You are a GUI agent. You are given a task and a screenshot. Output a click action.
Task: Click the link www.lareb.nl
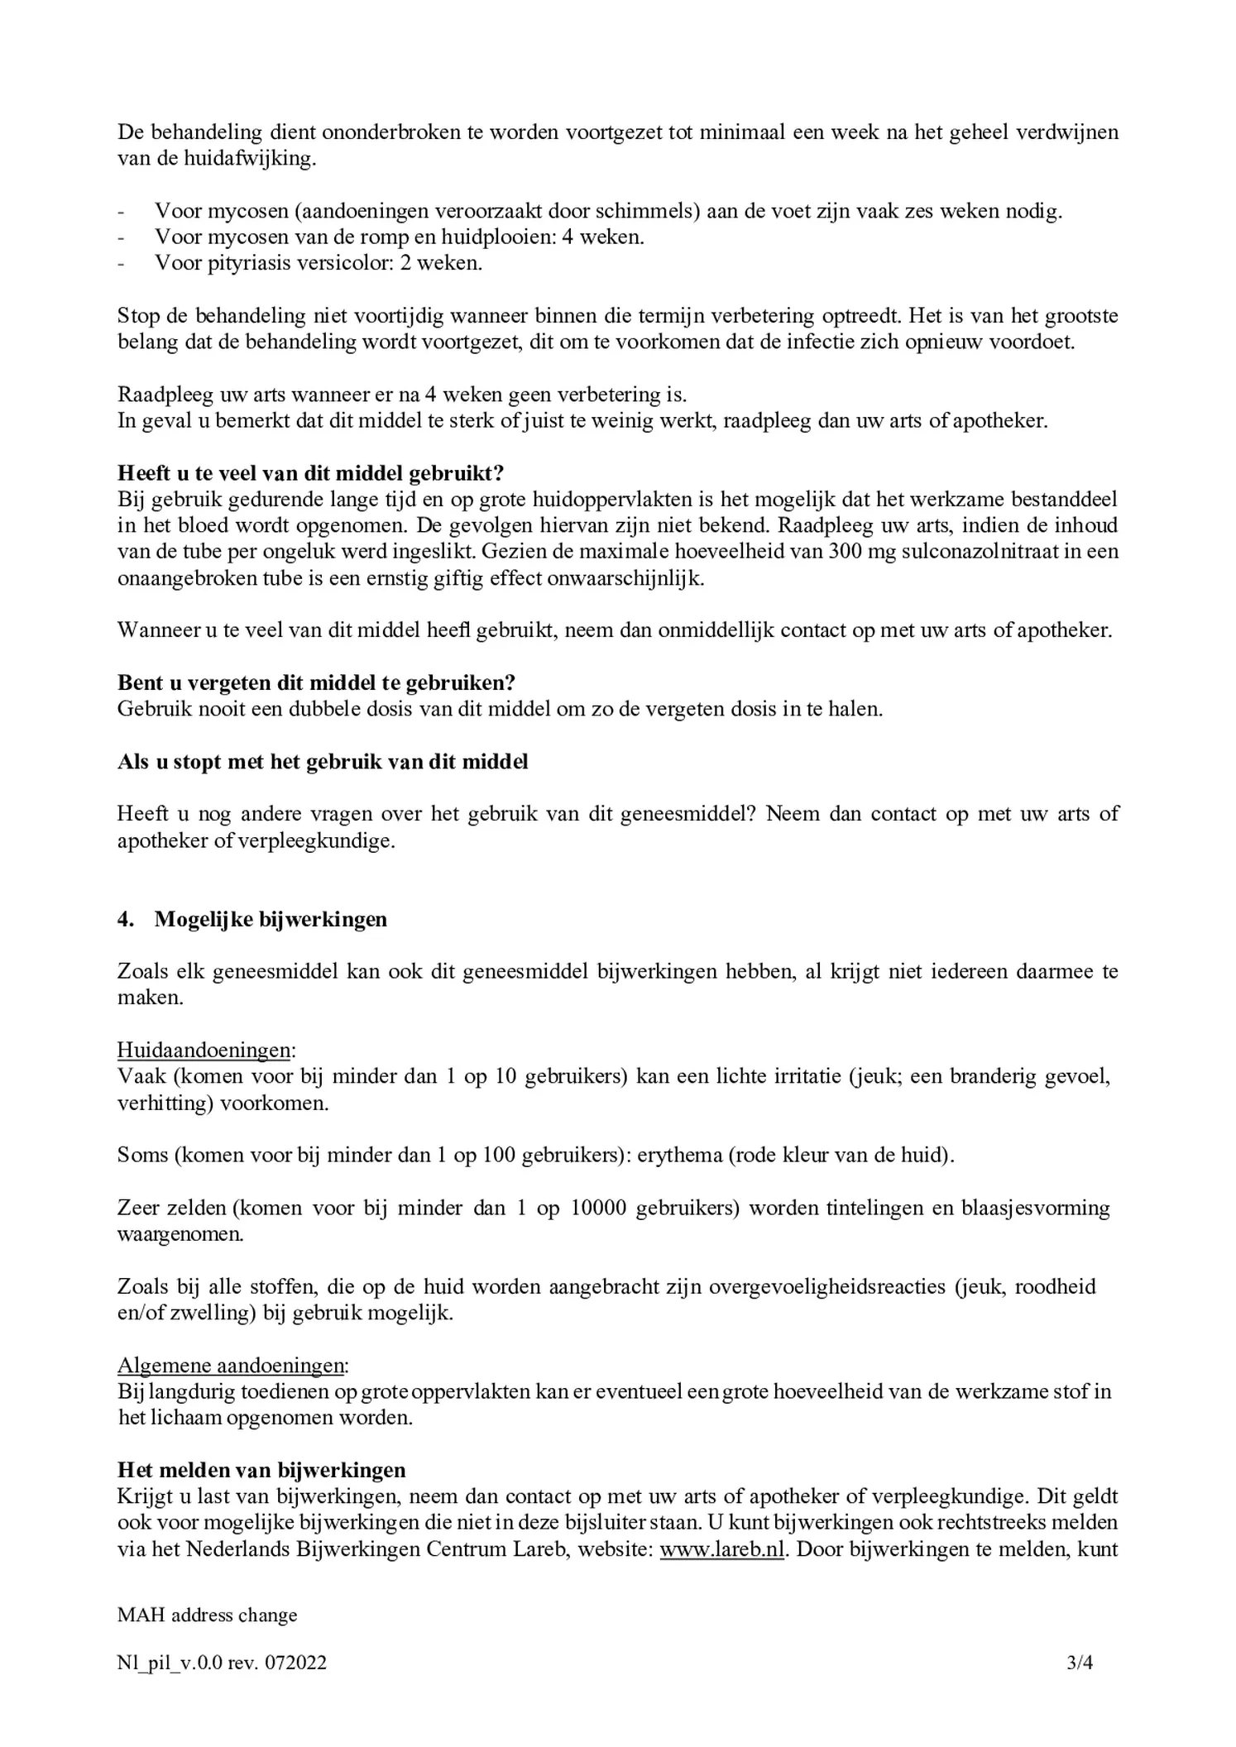721,1548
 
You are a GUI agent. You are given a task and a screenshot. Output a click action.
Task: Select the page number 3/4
1080,1662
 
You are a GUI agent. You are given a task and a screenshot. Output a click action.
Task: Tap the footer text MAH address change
207,1615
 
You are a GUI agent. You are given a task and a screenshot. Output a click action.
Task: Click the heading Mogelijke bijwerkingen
271,919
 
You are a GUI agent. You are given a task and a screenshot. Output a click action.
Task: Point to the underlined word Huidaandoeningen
204,1051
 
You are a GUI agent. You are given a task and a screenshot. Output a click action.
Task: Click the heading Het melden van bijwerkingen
261,1470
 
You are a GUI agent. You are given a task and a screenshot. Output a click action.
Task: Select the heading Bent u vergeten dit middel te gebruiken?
316,682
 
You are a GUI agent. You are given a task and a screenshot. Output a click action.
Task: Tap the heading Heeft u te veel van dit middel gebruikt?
310,473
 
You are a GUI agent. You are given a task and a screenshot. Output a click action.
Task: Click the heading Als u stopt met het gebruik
323,761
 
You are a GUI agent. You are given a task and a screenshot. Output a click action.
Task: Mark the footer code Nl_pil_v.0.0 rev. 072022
222,1662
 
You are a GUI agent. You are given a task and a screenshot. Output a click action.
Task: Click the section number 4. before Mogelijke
126,919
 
